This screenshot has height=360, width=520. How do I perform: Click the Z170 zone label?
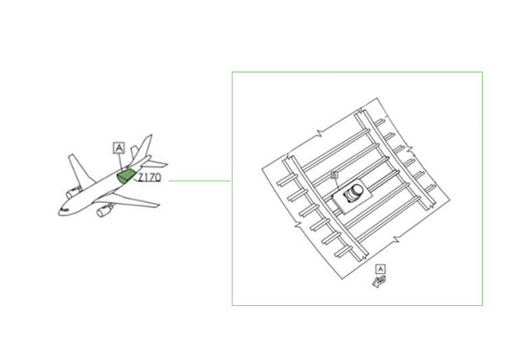150,179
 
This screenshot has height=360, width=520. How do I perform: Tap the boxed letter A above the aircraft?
119,147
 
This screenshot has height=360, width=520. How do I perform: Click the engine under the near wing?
104,212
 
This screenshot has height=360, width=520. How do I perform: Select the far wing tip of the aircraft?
70,157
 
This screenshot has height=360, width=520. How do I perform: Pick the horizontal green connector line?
200,181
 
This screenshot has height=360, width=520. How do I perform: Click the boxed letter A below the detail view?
381,269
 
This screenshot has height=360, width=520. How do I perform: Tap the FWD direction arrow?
377,281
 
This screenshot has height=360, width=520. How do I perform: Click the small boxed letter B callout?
334,175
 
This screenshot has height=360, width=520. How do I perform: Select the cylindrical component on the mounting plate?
354,194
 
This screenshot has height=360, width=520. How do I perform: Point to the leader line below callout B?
337,184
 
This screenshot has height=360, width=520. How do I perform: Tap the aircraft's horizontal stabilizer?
156,164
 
